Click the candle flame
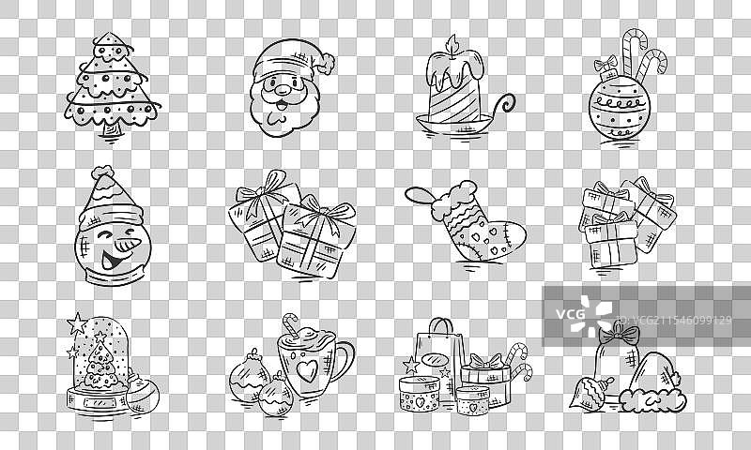(452, 44)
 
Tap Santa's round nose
(283, 89)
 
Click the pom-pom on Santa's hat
(325, 64)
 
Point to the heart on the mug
(307, 370)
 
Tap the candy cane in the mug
(290, 322)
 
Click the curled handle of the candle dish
(503, 106)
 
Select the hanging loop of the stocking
(420, 196)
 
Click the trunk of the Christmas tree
(112, 129)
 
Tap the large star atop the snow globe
(77, 323)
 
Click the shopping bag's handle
(440, 326)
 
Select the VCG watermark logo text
(570, 314)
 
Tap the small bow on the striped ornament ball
(605, 64)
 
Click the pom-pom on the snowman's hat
(102, 172)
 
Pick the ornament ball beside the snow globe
(142, 394)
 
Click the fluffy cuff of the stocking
(454, 200)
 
